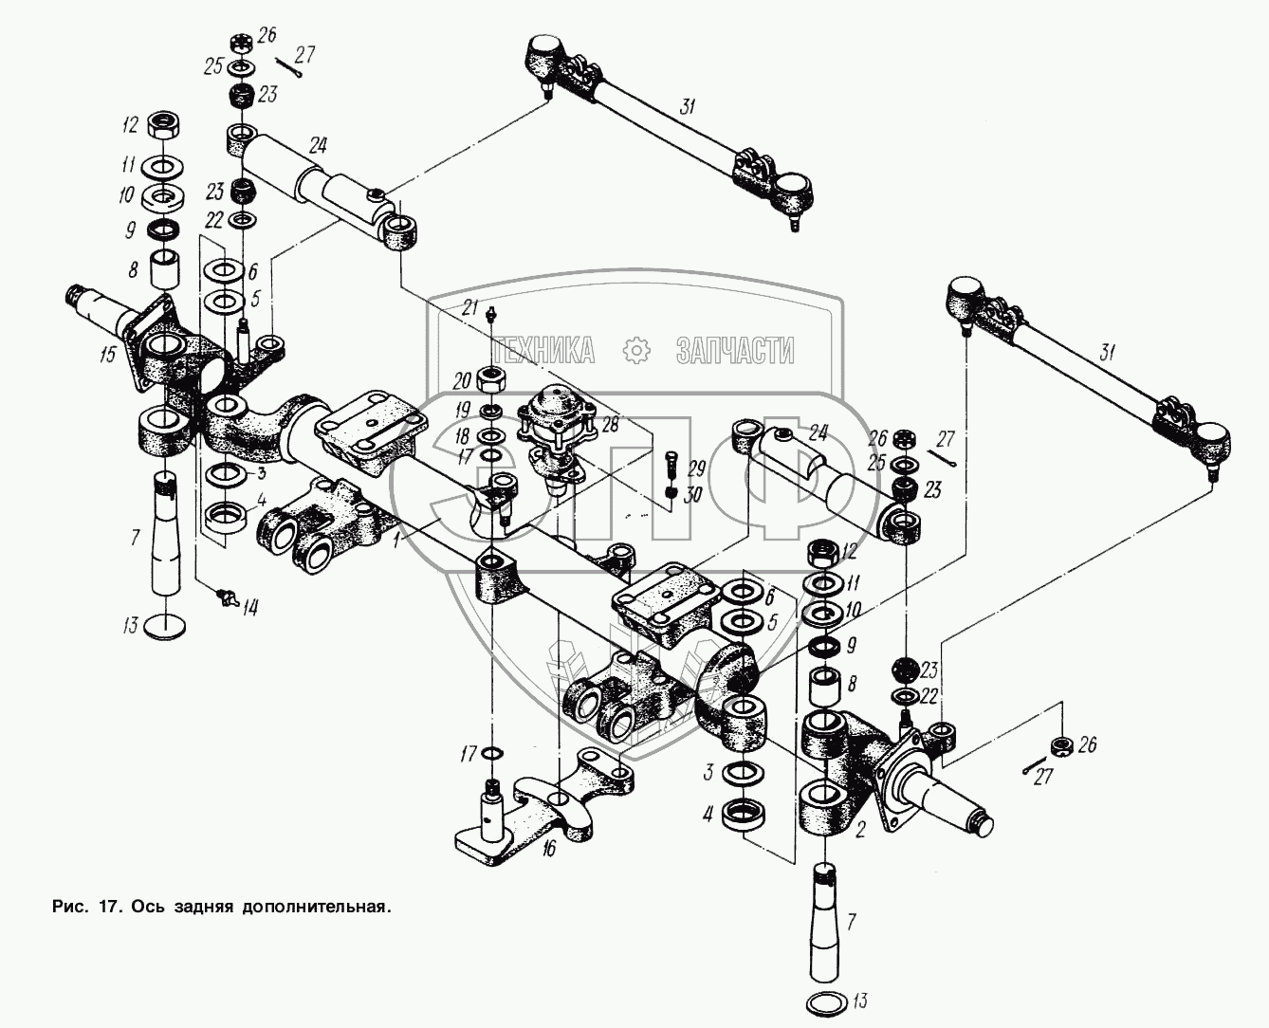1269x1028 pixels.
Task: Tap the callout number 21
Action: point(469,305)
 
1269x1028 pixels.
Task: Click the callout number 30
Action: point(695,493)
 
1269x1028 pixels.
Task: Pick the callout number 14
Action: point(248,608)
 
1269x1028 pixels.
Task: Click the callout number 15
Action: point(107,356)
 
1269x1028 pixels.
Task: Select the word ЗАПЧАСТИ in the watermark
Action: point(735,351)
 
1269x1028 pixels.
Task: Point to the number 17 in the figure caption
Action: point(107,907)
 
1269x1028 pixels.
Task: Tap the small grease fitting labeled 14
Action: point(226,597)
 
